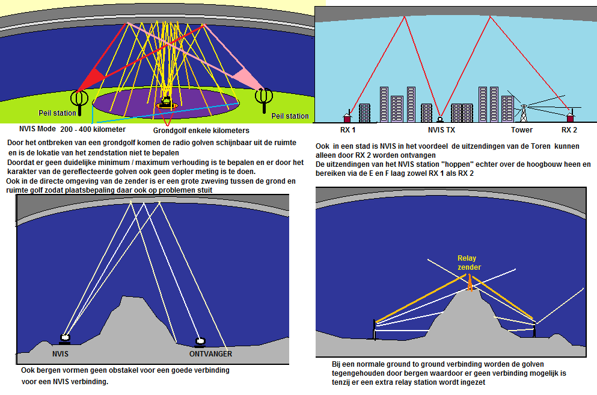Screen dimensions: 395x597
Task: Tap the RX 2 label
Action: click(569, 129)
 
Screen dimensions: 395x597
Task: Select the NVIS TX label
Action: click(441, 129)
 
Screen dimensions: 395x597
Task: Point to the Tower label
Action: click(521, 129)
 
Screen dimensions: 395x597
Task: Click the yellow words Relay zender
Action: click(469, 263)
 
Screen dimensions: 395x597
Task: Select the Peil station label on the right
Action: click(290, 116)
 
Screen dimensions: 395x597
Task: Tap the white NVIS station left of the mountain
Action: click(65, 339)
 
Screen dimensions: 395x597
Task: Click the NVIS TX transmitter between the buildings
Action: click(440, 119)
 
